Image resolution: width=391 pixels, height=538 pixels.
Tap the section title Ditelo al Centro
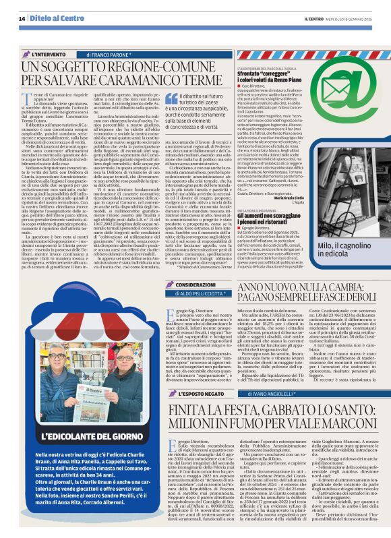tap(53, 19)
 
